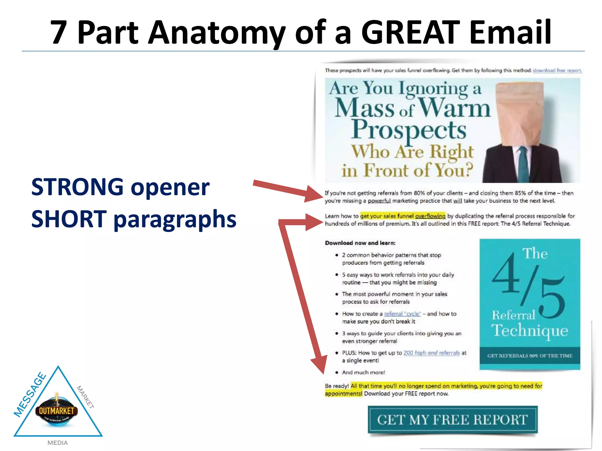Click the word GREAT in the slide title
tap(410, 32)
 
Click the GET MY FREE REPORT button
tap(453, 420)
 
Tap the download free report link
tap(557, 70)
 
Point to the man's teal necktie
tap(524, 164)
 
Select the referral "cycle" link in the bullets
tap(402, 314)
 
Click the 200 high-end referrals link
tap(432, 353)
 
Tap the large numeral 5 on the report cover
tap(552, 298)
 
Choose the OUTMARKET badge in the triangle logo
tap(57, 411)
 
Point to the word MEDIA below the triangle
tap(58, 443)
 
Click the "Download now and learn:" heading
tap(360, 243)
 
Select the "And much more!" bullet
tap(363, 373)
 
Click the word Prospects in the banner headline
tap(409, 130)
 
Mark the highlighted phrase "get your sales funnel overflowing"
tap(403, 216)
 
